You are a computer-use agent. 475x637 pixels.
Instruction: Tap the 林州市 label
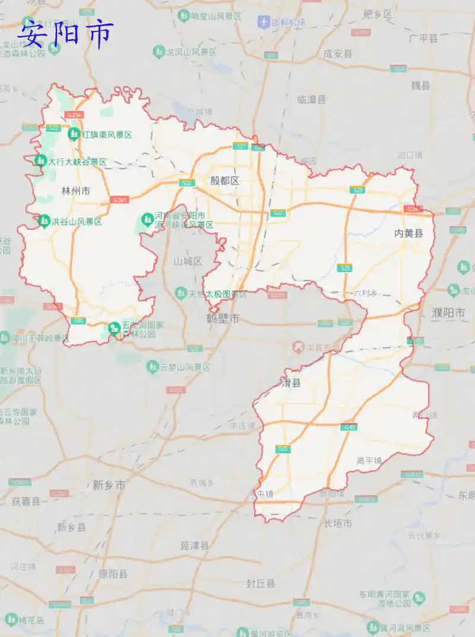(76, 191)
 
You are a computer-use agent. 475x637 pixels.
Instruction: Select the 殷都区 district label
(224, 180)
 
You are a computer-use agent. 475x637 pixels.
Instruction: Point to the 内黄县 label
(409, 233)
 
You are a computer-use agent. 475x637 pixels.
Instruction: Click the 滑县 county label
(291, 383)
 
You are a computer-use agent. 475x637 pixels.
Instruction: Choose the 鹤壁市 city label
(223, 319)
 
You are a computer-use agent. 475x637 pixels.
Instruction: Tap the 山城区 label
(188, 261)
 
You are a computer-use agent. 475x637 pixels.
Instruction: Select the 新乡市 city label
(109, 485)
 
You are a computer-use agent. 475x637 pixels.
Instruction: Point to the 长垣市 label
(338, 523)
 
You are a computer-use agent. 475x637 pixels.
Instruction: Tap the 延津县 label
(195, 545)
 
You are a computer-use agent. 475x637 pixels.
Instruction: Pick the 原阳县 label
(113, 573)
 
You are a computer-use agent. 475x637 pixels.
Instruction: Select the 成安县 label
(338, 53)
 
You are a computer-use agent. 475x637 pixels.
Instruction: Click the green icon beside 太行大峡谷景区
(40, 160)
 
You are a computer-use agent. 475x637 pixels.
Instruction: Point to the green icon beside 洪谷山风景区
(43, 221)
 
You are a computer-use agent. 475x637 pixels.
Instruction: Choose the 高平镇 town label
(369, 460)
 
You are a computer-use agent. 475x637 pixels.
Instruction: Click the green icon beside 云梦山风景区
(153, 367)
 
